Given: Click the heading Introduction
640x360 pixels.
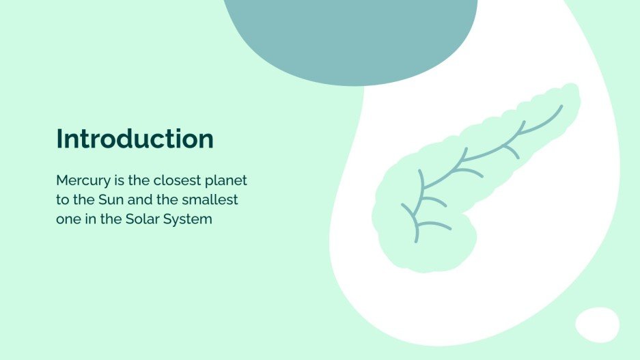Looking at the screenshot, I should click(135, 139).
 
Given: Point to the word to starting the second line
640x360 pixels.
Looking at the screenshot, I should click(62, 201).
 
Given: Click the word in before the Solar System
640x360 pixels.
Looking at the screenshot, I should click(89, 220).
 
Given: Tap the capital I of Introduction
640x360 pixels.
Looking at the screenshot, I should click(59, 139).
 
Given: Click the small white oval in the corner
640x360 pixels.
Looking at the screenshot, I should click(597, 324).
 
